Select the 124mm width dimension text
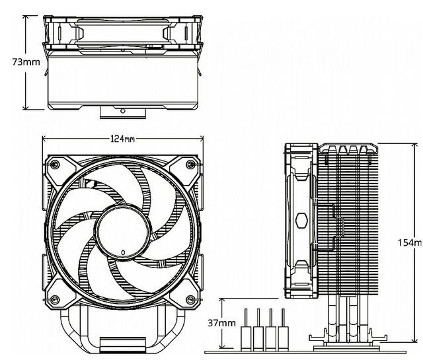tap(123, 139)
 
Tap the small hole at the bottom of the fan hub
tap(123, 253)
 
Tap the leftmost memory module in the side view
tap(246, 327)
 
